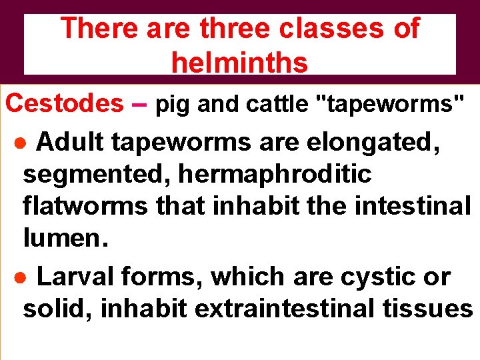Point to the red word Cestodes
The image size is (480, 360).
[x=65, y=103]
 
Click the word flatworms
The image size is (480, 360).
[x=85, y=207]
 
